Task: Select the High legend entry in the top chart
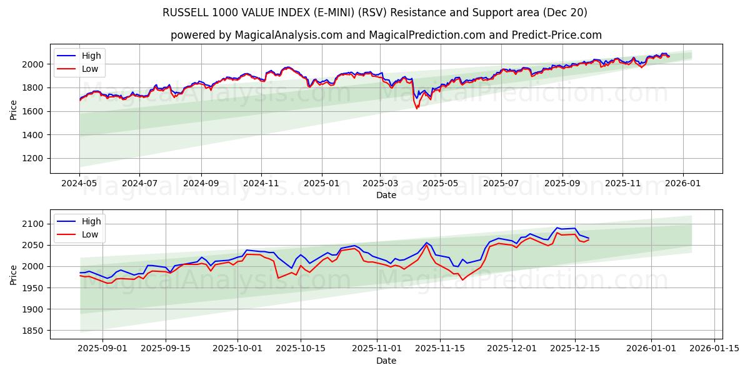tap(91, 56)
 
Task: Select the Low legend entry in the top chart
tap(90, 69)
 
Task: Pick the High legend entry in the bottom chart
tap(91, 221)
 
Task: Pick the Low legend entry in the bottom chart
tap(90, 234)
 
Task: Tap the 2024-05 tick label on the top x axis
tap(79, 184)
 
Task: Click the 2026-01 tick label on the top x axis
tap(682, 184)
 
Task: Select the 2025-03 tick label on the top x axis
tap(381, 184)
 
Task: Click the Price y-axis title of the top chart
tap(14, 109)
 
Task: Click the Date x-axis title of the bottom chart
tap(386, 361)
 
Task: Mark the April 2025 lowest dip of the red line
tap(417, 109)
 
